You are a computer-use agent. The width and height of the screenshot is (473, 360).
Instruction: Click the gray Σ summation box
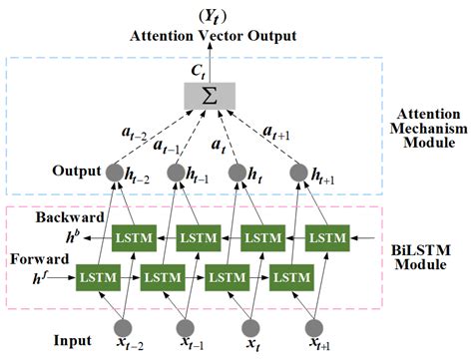pos(209,95)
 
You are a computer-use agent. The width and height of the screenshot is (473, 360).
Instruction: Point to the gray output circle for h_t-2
pos(115,173)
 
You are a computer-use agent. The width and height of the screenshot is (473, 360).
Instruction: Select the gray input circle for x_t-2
pos(123,328)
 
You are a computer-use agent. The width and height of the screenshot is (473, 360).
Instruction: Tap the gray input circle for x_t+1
pos(317,328)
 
